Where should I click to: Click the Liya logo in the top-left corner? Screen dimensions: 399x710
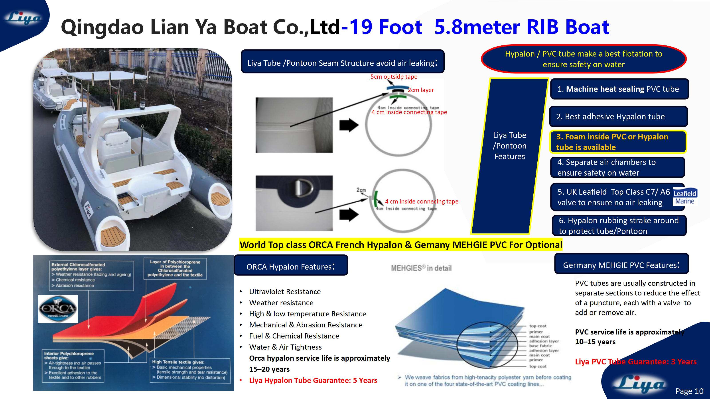pos(24,18)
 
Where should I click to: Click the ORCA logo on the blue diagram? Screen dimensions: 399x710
pos(58,309)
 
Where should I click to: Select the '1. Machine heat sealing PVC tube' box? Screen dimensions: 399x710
pos(619,89)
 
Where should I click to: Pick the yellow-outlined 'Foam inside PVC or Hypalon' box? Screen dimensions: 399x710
pos(617,142)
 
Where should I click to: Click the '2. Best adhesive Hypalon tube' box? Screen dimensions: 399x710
pos(618,116)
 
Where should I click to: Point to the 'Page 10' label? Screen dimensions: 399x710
pos(689,391)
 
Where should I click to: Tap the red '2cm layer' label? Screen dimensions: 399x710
pos(421,90)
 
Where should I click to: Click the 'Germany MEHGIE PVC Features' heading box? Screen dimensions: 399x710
pos(621,265)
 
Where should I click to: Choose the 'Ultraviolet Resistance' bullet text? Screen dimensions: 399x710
pos(285,292)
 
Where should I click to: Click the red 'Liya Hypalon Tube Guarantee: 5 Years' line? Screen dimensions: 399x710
pos(313,380)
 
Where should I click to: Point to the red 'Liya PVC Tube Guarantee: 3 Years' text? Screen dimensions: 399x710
pos(636,362)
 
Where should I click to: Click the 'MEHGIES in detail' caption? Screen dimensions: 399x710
pos(421,268)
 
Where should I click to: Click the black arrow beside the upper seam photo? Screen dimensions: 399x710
pos(349,125)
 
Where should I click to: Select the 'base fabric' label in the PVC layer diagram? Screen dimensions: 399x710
pos(540,346)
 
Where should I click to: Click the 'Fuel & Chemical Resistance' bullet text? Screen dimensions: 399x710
pos(294,336)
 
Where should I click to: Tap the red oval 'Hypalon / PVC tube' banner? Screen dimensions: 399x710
pos(584,59)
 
